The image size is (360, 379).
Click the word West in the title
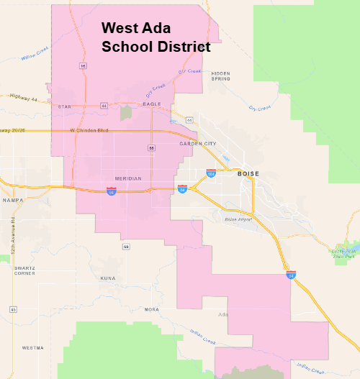coord(119,29)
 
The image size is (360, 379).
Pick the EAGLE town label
coord(152,104)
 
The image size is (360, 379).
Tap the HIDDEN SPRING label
coord(220,76)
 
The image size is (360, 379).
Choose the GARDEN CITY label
coord(198,144)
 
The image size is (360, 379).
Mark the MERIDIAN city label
coord(128,178)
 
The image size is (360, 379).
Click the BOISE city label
coord(248,174)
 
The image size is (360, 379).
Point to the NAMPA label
coord(13,200)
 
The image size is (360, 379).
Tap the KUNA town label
coord(108,278)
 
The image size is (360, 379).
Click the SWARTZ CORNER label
coord(24,270)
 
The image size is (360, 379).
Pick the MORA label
coord(151,309)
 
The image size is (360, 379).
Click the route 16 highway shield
coord(83,65)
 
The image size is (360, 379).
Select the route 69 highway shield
coord(126,247)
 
